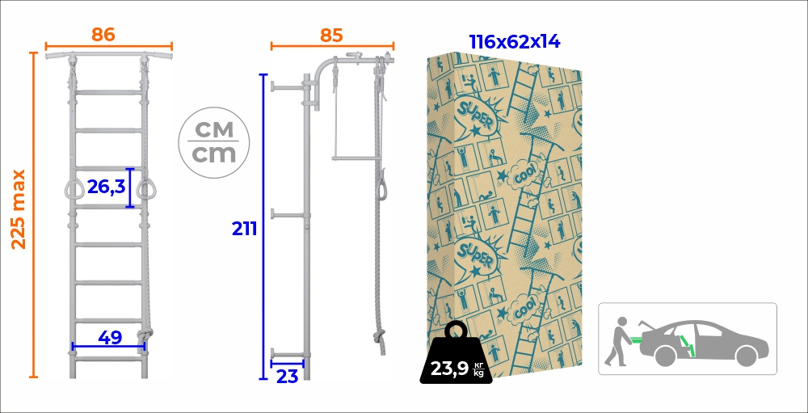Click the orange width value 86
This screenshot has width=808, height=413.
click(x=103, y=35)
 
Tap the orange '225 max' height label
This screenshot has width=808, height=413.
click(x=19, y=209)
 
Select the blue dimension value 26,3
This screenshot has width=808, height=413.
click(x=106, y=186)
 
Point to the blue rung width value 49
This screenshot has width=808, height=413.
click(x=110, y=338)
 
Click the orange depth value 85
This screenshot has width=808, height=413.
click(x=331, y=35)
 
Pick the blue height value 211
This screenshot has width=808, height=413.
click(x=244, y=229)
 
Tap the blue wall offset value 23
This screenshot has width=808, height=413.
click(x=288, y=377)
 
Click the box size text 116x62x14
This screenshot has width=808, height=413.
click(x=514, y=42)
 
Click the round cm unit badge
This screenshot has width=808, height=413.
click(x=213, y=142)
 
